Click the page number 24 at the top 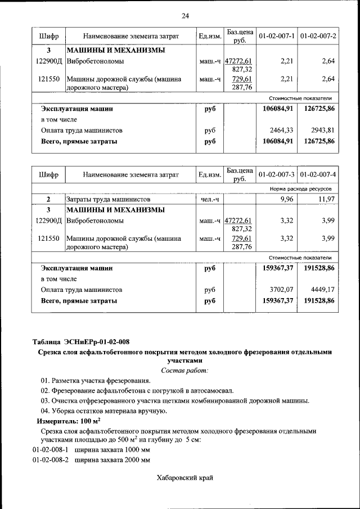pyautogui.click(x=185, y=15)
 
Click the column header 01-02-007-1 pyautogui.click(x=277, y=36)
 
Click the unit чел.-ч pyautogui.click(x=209, y=199)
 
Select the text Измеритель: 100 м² pyautogui.click(x=69, y=421)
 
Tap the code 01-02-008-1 pyautogui.click(x=51, y=450)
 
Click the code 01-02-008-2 pyautogui.click(x=51, y=460)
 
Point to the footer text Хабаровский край pyautogui.click(x=184, y=478)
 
